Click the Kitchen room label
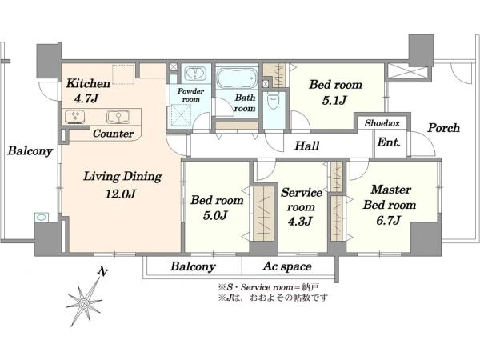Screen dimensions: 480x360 point(88,83)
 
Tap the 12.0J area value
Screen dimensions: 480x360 point(120,194)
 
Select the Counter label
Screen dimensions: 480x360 point(113,134)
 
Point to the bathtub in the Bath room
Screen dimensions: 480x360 point(237,78)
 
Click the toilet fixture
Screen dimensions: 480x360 point(272,102)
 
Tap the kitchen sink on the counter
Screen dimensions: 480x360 point(118,117)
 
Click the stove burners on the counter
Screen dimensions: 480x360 point(74,117)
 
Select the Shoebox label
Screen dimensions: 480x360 point(382,123)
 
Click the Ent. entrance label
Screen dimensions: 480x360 point(389,142)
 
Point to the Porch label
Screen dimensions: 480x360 point(443,128)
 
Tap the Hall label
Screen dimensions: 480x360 point(306,146)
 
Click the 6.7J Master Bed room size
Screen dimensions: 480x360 point(388,220)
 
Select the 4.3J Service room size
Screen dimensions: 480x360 point(300,221)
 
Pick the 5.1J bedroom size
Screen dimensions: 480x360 point(334,100)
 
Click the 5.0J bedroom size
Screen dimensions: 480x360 point(215,215)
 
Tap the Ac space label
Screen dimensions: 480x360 point(287,266)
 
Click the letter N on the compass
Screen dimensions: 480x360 point(103,271)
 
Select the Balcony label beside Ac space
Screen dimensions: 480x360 point(193,266)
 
